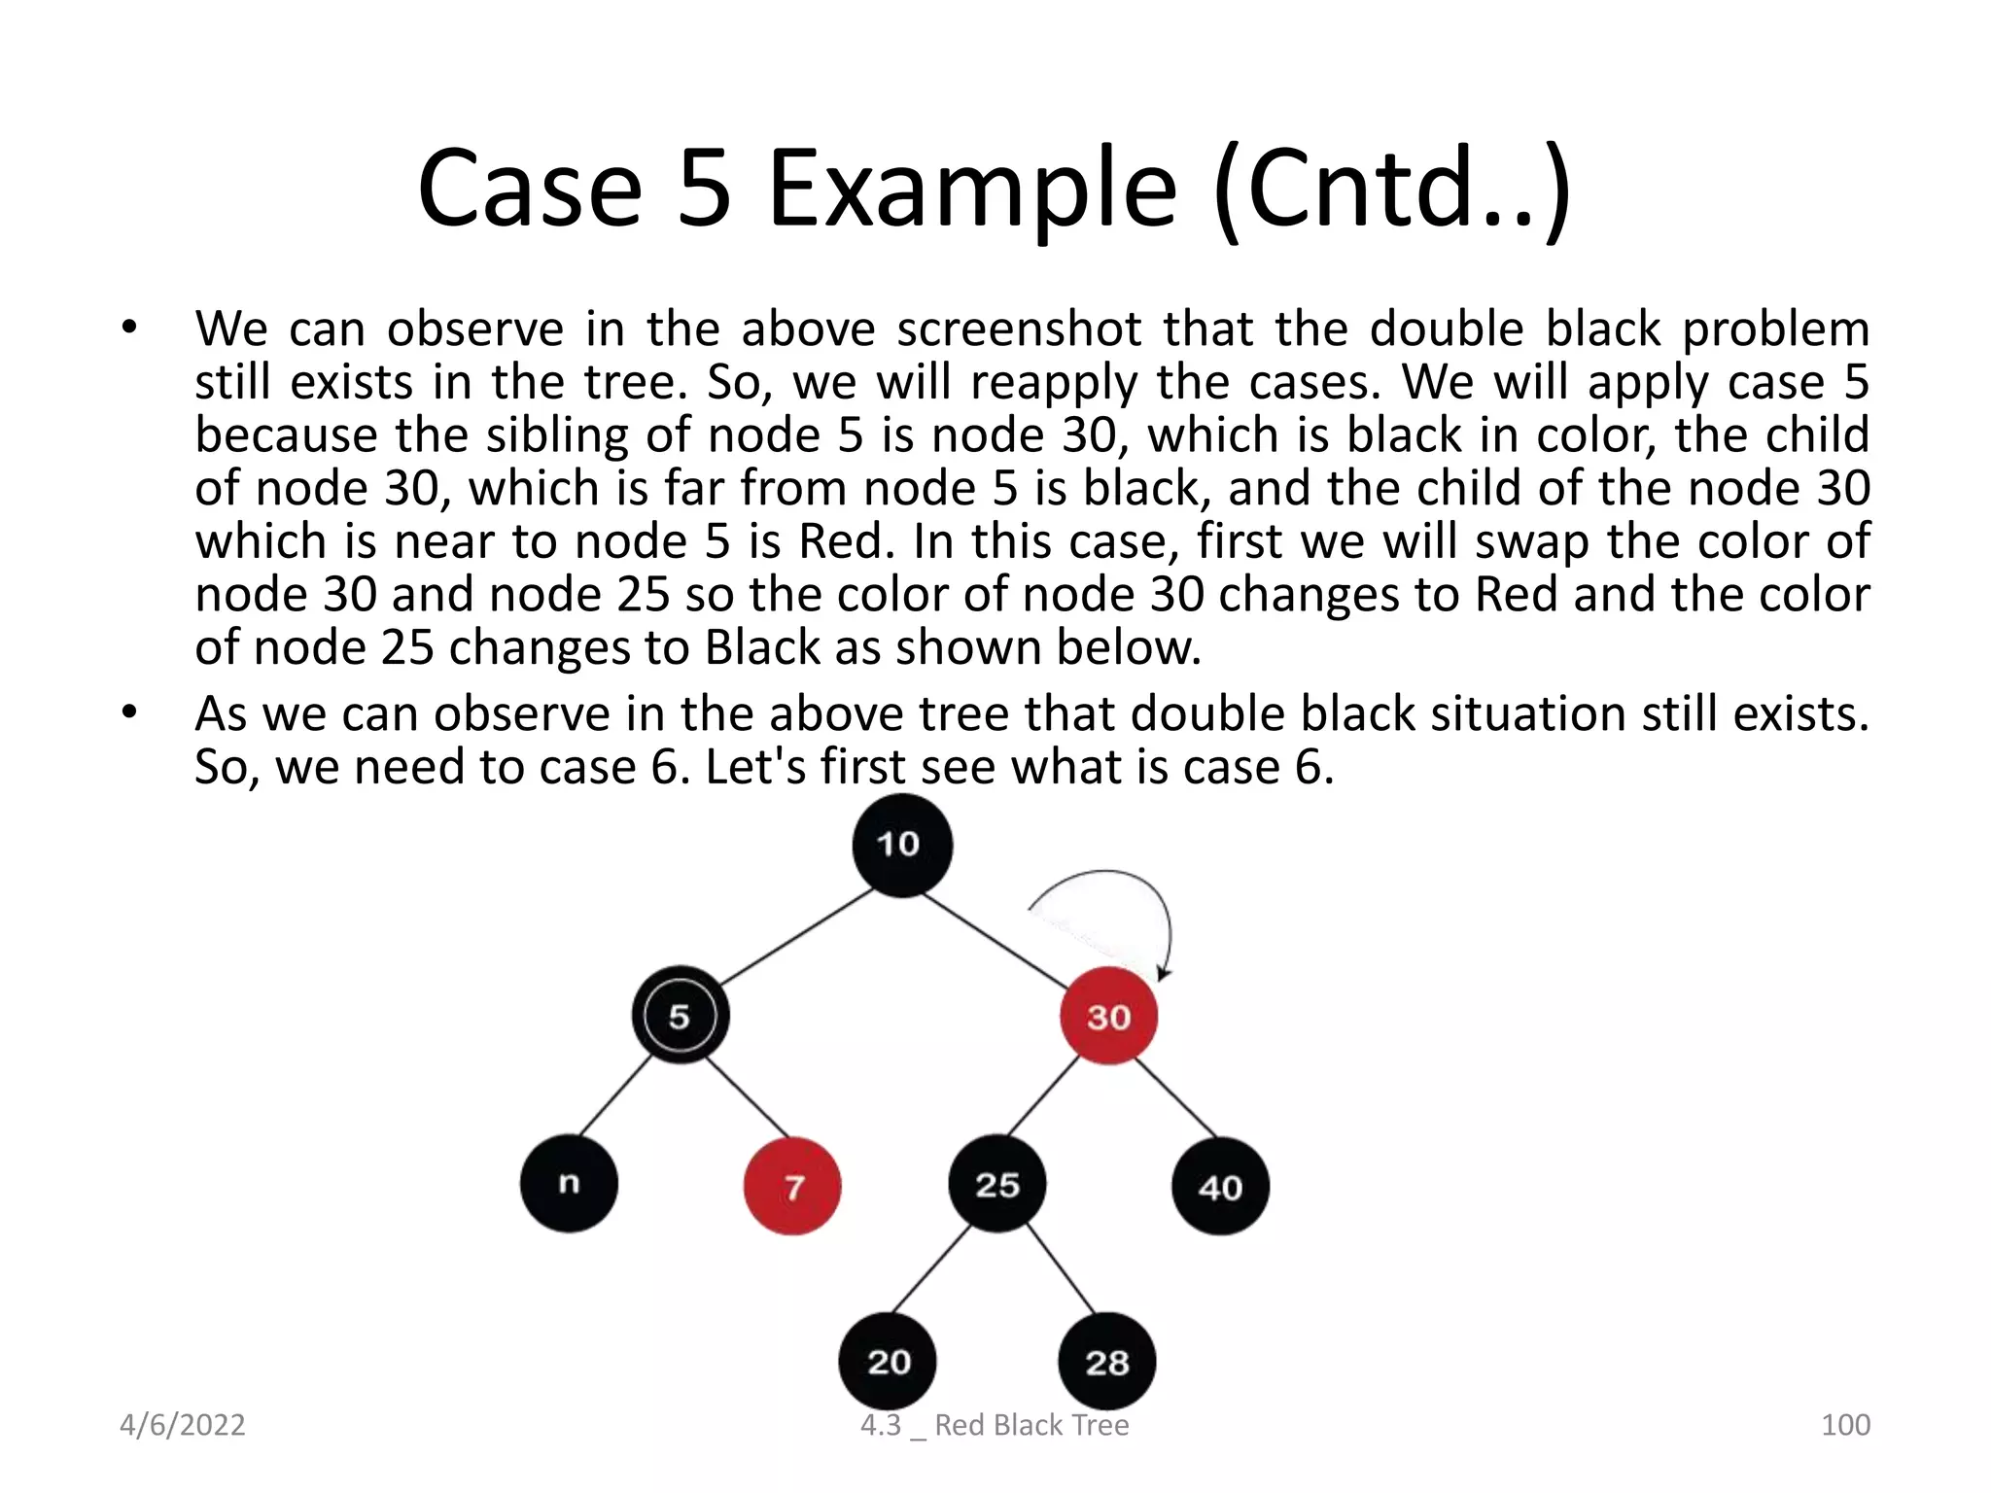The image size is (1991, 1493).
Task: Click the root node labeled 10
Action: tap(901, 845)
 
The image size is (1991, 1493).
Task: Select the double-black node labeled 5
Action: tap(680, 1016)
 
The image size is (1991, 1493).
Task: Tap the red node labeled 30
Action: tap(1108, 1016)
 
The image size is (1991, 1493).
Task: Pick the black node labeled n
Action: tap(569, 1183)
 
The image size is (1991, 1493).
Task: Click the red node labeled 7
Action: tap(792, 1186)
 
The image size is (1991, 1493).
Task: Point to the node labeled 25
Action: tap(997, 1184)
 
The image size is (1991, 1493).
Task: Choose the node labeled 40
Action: tap(1220, 1186)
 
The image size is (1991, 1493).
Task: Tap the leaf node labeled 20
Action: tap(888, 1361)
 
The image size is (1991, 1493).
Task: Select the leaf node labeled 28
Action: tap(1107, 1362)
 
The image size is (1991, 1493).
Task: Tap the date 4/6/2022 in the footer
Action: tap(182, 1425)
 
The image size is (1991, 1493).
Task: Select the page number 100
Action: tap(1844, 1425)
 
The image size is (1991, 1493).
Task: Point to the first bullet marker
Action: tap(129, 328)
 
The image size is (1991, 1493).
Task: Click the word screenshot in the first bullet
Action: tap(1019, 329)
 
